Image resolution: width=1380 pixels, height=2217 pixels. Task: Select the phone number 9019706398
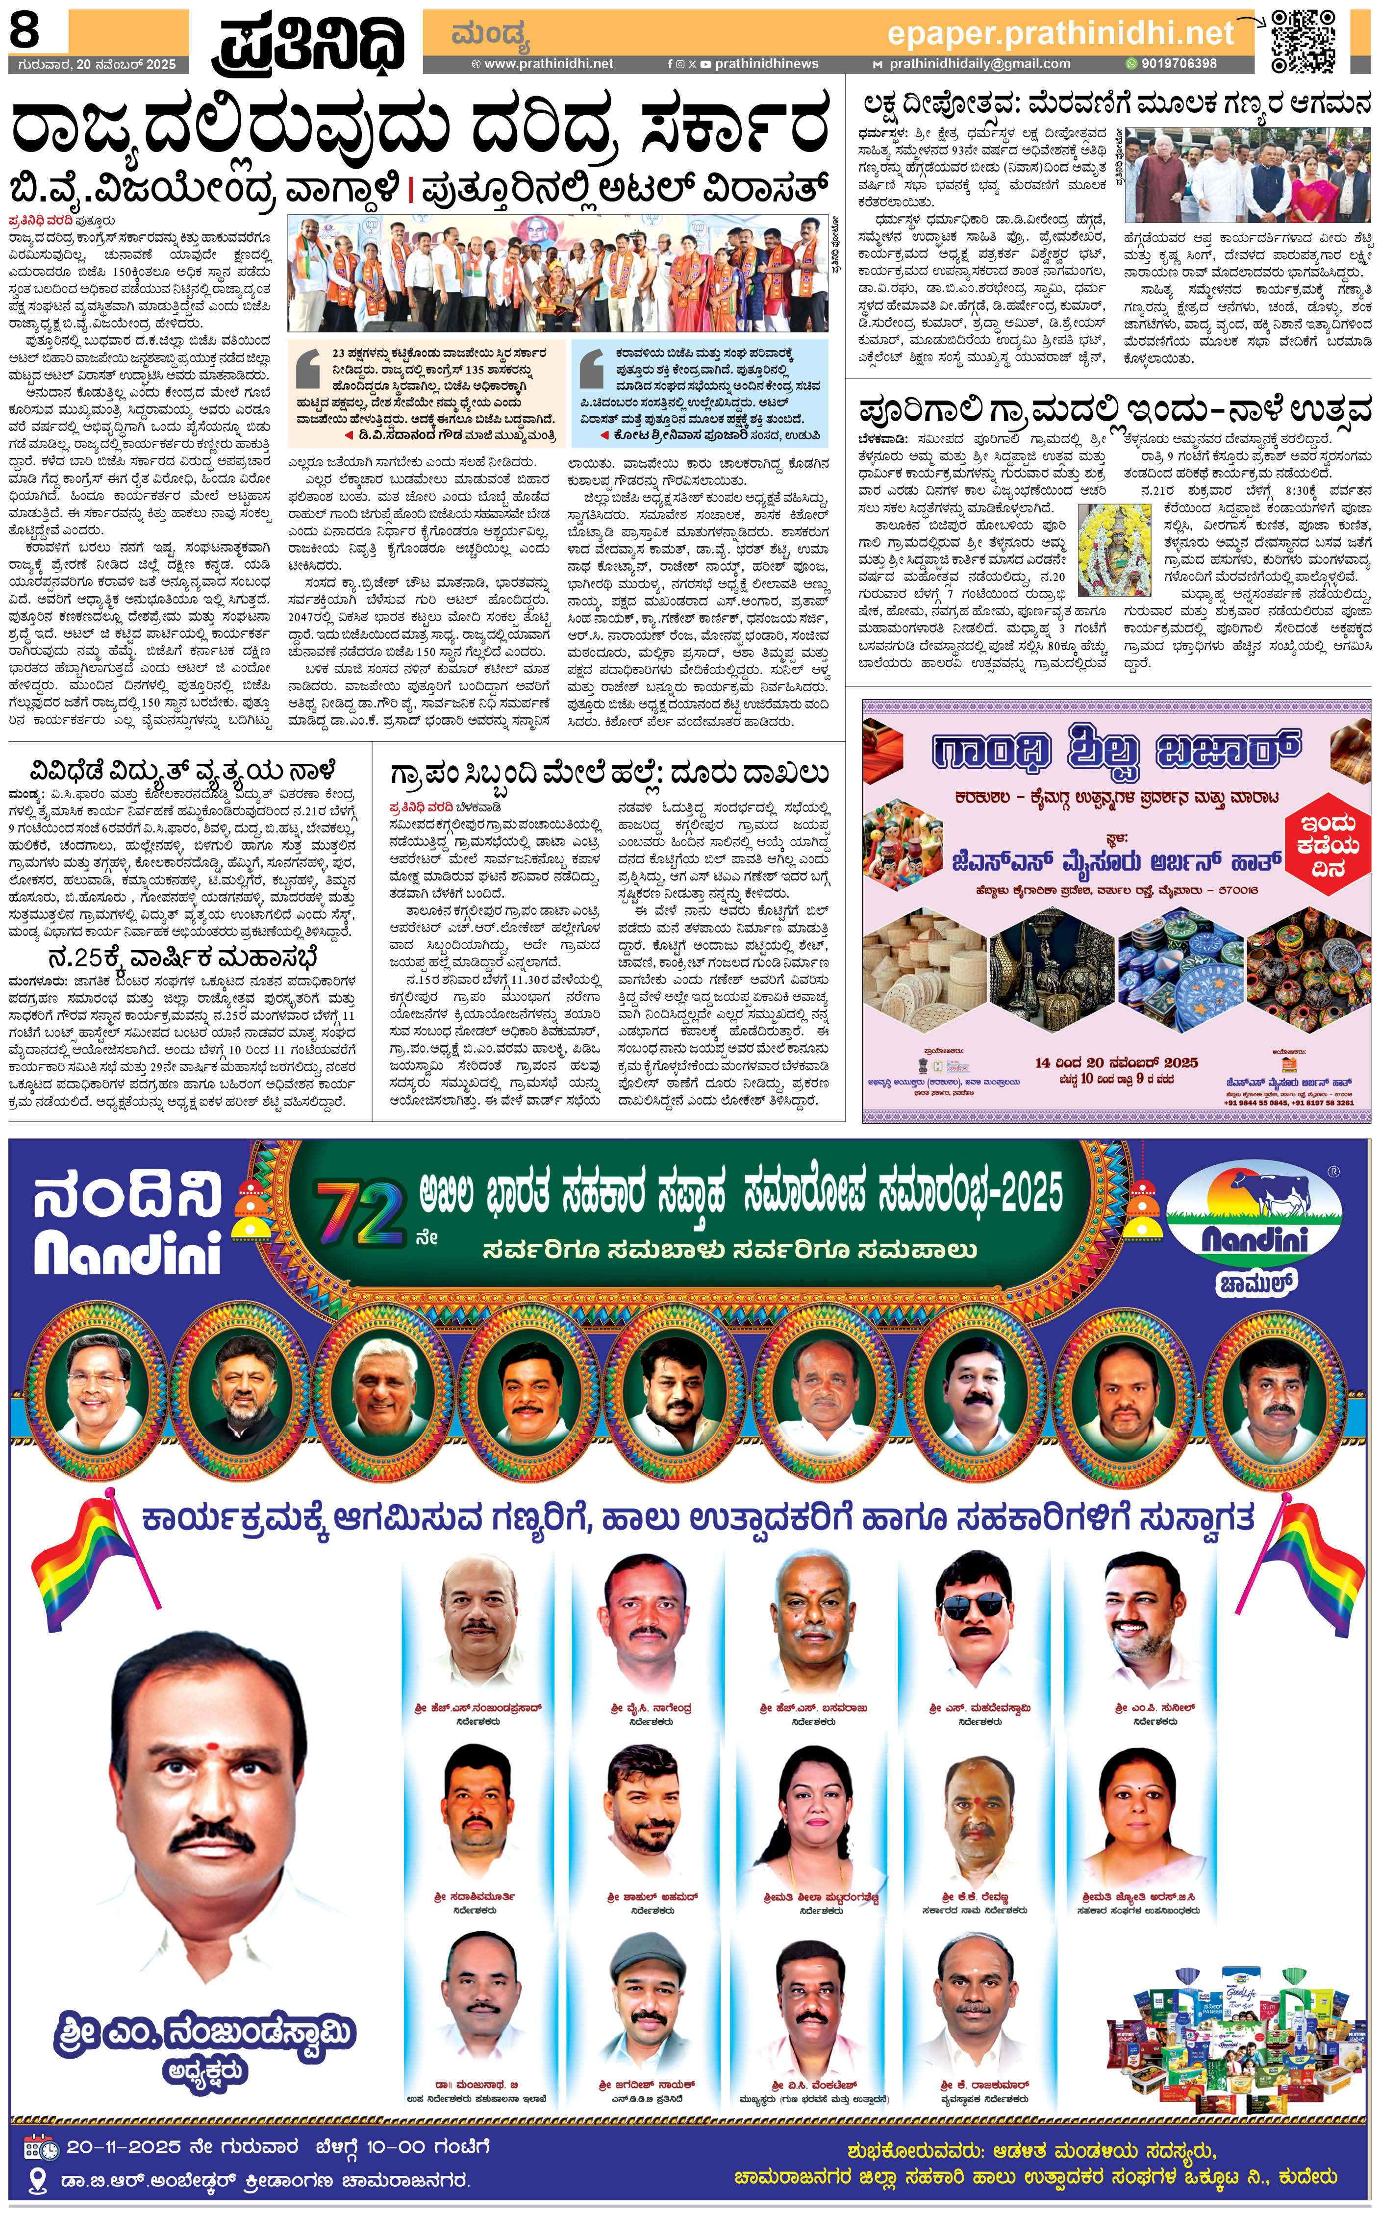[1178, 64]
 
